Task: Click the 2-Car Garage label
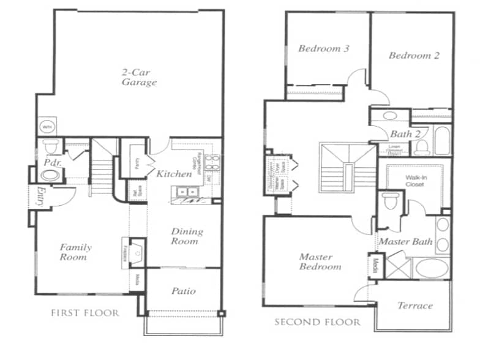(x=138, y=77)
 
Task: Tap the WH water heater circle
(x=47, y=127)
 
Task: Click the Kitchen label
(x=174, y=174)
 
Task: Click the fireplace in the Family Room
(x=135, y=250)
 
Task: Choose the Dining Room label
(x=186, y=236)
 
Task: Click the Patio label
(x=183, y=291)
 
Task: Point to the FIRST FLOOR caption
(x=84, y=313)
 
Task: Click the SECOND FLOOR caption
(x=317, y=322)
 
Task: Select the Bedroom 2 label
(x=414, y=55)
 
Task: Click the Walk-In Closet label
(x=415, y=181)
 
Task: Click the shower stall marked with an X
(x=397, y=268)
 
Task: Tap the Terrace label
(x=414, y=306)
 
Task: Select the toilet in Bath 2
(x=421, y=148)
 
